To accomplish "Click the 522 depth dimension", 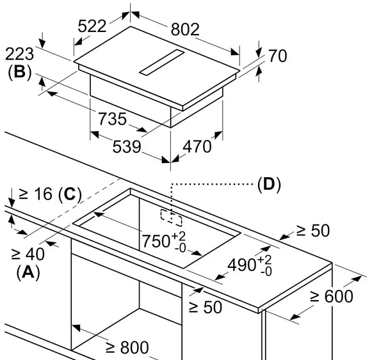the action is [92, 26].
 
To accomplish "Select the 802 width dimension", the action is [185, 29].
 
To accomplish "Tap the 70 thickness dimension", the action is [277, 56].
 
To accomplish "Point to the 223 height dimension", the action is [19, 54].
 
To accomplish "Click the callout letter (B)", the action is [20, 72].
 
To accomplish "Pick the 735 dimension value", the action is [112, 119].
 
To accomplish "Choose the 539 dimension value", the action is [127, 146].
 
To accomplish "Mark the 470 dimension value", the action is [197, 146].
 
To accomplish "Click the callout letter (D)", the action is [269, 184].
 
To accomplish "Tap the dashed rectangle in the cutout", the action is [172, 217].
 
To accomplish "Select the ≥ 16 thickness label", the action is [35, 194].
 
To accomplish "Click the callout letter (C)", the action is [70, 194].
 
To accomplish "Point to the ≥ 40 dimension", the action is [28, 254].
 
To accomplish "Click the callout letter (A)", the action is [28, 272].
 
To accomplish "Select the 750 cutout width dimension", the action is [164, 241].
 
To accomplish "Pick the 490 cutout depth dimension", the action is [250, 265].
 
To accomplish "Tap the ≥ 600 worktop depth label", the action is [331, 296].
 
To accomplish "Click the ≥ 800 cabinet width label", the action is [127, 347].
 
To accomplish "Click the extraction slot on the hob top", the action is [161, 63].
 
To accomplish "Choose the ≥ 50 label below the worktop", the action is [206, 308].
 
